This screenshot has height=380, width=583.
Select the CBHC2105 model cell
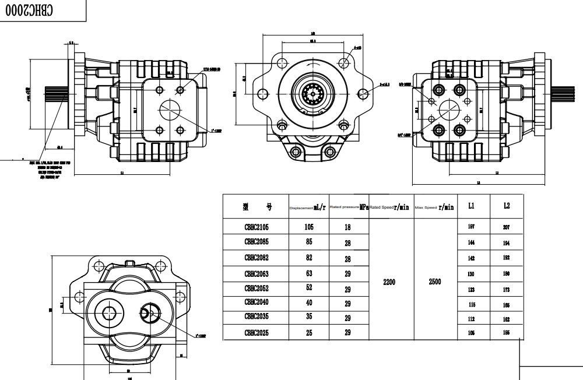click(257, 226)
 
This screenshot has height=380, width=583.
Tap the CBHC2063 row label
click(257, 274)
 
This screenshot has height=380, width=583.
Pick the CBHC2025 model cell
click(257, 333)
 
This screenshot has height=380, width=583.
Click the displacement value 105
click(310, 226)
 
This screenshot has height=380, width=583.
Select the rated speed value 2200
click(389, 282)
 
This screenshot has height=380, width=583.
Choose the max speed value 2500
click(434, 282)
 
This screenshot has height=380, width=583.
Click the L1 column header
click(471, 206)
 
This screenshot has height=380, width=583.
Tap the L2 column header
click(506, 206)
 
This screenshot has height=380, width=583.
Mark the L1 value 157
click(471, 226)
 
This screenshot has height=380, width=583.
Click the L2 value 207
click(506, 227)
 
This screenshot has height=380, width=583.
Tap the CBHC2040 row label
click(257, 302)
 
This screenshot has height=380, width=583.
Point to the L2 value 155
click(506, 333)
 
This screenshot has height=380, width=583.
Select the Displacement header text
click(301, 207)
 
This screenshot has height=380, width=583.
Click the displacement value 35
click(310, 318)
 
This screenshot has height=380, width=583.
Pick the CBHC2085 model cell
click(257, 241)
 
